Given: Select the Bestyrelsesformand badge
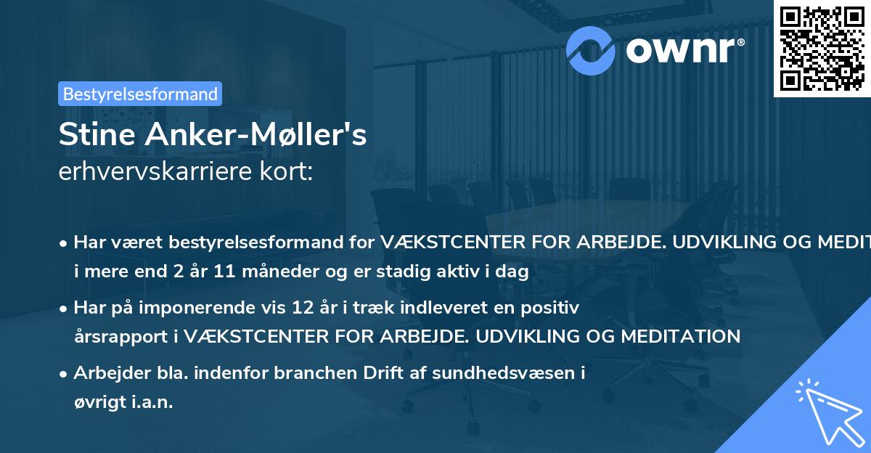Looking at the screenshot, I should click(x=140, y=94).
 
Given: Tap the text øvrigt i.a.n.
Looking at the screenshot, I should click(x=123, y=401).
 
